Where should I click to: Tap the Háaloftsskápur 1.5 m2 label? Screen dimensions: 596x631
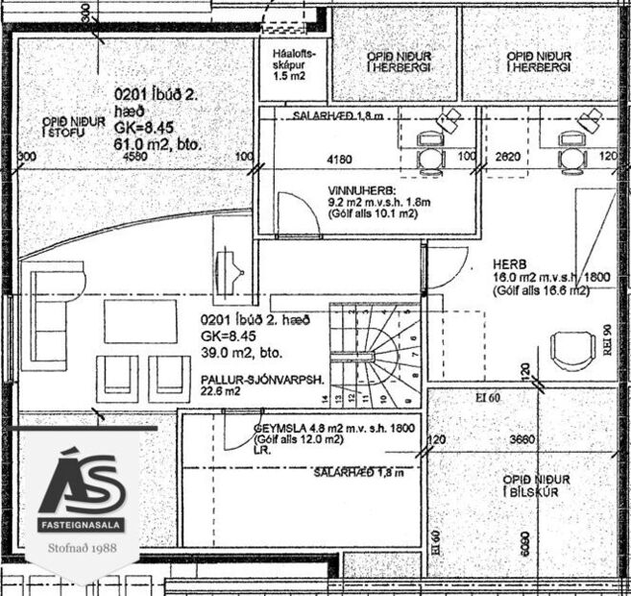point(289,64)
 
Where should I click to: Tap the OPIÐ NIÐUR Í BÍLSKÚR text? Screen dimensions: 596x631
point(536,485)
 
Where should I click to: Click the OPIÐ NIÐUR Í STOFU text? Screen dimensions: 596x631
point(71,126)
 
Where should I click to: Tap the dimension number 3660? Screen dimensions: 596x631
point(522,439)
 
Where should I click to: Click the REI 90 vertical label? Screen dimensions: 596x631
point(607,341)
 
